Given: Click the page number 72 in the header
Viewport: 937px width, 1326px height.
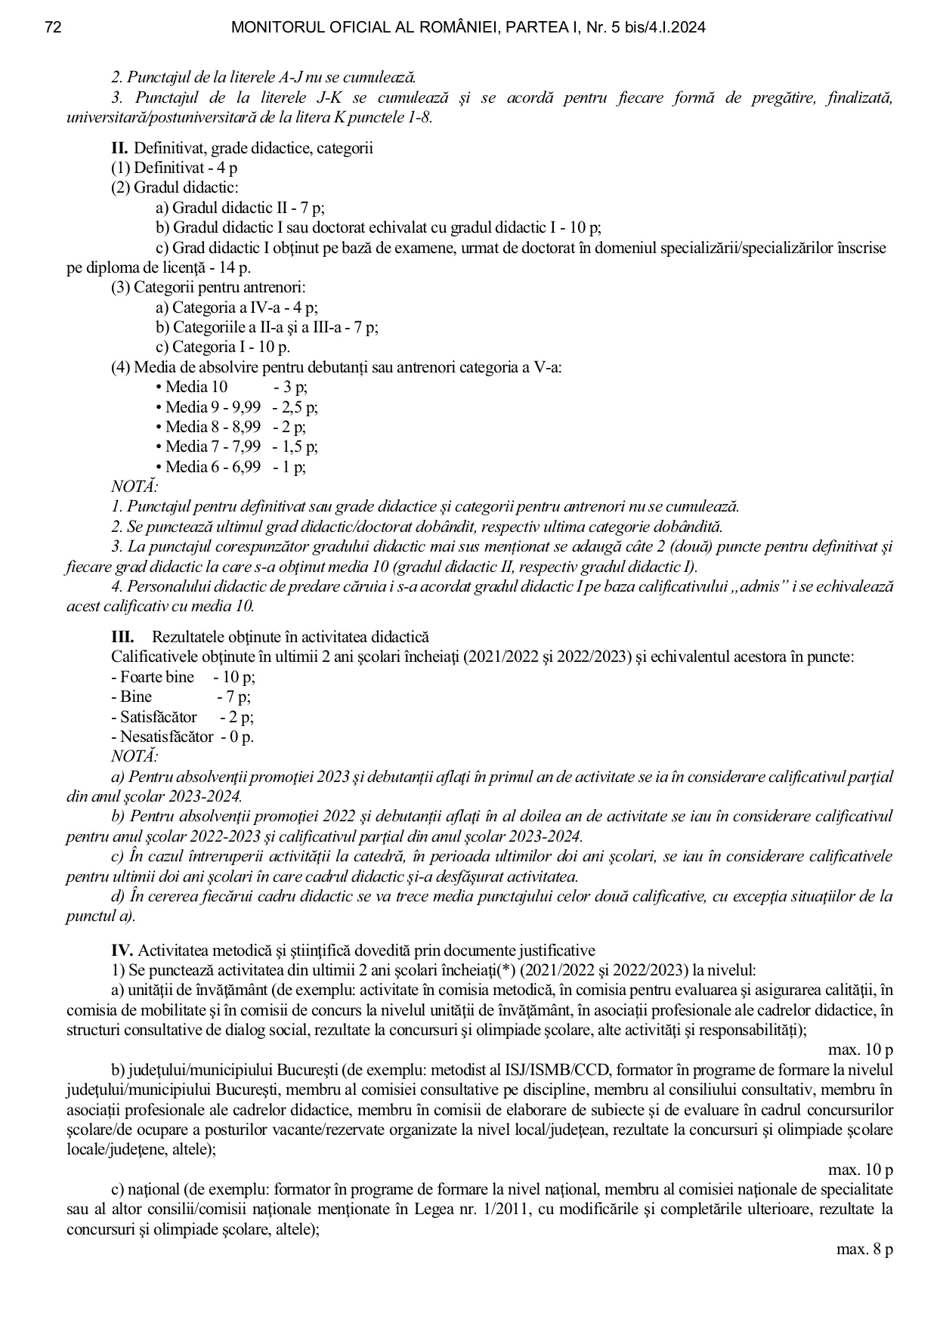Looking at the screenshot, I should click(x=53, y=28).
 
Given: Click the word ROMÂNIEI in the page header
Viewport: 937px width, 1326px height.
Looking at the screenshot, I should click(x=451, y=28).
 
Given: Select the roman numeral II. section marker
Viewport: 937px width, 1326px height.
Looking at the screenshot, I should click(x=119, y=148).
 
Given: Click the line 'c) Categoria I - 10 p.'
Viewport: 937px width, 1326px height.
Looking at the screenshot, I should click(x=223, y=348).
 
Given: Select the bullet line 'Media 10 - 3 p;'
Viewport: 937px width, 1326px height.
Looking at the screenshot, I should click(x=231, y=387).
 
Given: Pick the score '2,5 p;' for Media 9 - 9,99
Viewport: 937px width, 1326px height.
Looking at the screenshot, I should click(x=300, y=407).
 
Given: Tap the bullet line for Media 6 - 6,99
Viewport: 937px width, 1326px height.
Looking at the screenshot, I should click(x=231, y=467).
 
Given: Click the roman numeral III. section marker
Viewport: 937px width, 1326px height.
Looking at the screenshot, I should click(x=122, y=637).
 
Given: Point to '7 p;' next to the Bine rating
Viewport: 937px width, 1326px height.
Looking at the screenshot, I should click(x=233, y=697).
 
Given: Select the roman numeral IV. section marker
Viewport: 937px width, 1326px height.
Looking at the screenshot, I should click(x=122, y=950).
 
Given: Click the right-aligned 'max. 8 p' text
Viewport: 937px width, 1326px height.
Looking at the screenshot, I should click(x=864, y=1250).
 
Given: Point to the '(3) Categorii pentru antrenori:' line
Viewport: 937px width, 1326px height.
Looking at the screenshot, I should click(x=208, y=288).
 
